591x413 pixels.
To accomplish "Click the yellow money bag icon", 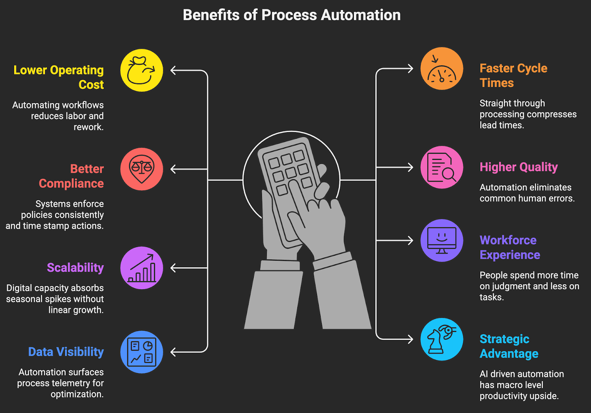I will pos(141,70).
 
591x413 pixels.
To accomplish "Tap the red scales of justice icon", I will pos(141,169).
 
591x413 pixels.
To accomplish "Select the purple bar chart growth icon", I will pos(141,268).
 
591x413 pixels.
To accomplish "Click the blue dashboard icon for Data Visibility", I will pos(141,352).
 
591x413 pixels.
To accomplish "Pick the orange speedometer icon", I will pos(442,69).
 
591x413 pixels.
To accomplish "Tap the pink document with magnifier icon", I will pos(442,168).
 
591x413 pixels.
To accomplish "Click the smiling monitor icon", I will pos(442,241).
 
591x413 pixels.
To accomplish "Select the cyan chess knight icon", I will pos(442,340).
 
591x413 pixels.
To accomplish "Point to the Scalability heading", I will pos(75,268).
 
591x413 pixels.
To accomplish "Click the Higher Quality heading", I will pos(519,167).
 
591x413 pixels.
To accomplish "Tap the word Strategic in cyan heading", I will pos(504,339).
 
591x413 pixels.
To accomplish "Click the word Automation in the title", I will pos(361,15).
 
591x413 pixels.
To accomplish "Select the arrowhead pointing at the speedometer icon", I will pos(410,69).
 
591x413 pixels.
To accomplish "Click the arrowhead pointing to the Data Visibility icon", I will pos(174,352).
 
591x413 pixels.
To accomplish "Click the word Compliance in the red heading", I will pos(71,183).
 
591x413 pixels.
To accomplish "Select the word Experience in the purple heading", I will pos(510,255).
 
